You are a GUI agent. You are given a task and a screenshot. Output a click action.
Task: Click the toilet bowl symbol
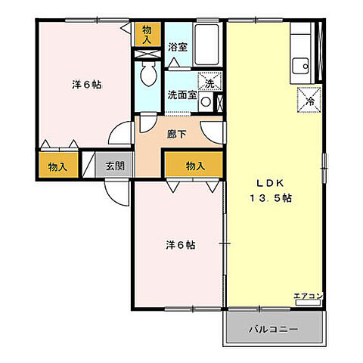pos(149,73)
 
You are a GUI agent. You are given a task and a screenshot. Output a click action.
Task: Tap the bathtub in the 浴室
pos(206,45)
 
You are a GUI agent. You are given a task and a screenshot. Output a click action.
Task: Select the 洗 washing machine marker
pos(206,82)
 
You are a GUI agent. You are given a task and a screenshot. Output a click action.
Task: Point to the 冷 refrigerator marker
pos(309,99)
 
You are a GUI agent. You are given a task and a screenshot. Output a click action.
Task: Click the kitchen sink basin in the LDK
pos(299,67)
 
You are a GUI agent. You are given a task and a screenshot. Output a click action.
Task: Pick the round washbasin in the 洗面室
pos(206,104)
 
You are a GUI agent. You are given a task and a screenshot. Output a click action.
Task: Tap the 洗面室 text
pos(181,96)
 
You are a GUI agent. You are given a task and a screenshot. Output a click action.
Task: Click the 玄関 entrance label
pos(115,166)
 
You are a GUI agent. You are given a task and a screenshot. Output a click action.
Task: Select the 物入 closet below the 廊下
pos(195,166)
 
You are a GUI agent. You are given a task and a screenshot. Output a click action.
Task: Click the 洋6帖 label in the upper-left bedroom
pos(87,84)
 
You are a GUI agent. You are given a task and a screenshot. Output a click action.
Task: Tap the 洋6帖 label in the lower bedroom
pos(180,246)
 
